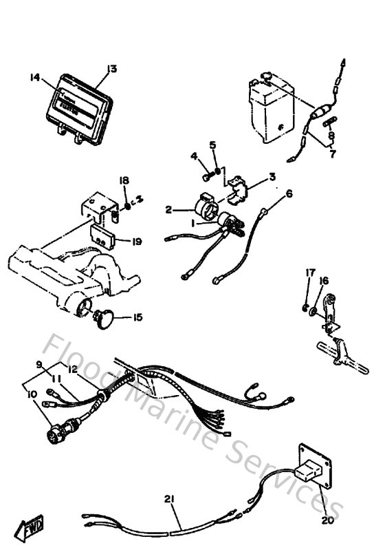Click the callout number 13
pos(112,68)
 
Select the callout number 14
pos(36,78)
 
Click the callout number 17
pos(309,273)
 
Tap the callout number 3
pos(272,177)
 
